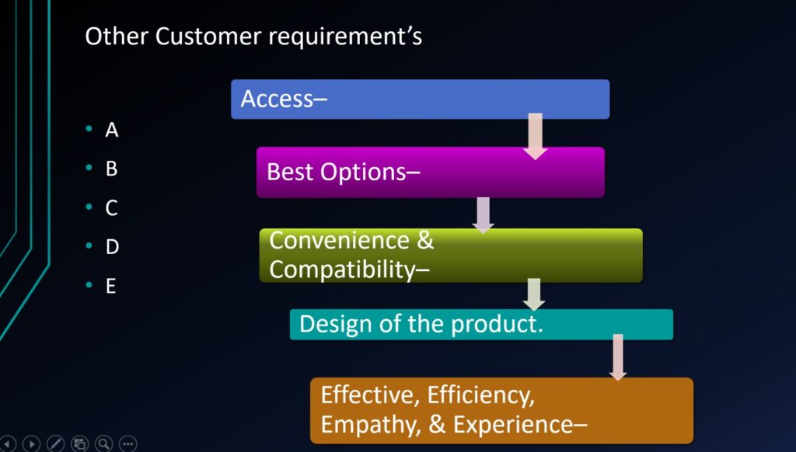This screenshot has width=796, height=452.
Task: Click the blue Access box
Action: pyautogui.click(x=420, y=99)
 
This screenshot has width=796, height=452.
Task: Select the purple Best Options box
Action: pyautogui.click(x=430, y=172)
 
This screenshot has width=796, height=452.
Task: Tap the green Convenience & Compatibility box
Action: pyautogui.click(x=451, y=255)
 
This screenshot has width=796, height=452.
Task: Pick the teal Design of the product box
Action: pyautogui.click(x=480, y=324)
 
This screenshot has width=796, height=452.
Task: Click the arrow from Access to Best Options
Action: pyautogui.click(x=535, y=136)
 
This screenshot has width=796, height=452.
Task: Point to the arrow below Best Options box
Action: pyautogui.click(x=484, y=214)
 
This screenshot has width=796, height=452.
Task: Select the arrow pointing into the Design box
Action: pyautogui.click(x=534, y=294)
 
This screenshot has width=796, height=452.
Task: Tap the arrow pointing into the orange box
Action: pyautogui.click(x=618, y=356)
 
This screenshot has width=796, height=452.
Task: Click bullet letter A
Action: pyautogui.click(x=112, y=130)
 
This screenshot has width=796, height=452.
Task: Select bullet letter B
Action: pyautogui.click(x=112, y=169)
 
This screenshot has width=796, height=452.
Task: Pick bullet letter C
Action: pyautogui.click(x=112, y=208)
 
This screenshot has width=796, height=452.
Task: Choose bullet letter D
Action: pyautogui.click(x=112, y=247)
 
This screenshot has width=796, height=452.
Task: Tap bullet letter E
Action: pyautogui.click(x=111, y=286)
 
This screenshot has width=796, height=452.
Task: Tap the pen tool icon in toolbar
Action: pyautogui.click(x=55, y=443)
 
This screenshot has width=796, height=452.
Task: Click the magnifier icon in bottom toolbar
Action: pyautogui.click(x=104, y=443)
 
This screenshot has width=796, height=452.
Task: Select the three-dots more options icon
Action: pyautogui.click(x=128, y=443)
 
